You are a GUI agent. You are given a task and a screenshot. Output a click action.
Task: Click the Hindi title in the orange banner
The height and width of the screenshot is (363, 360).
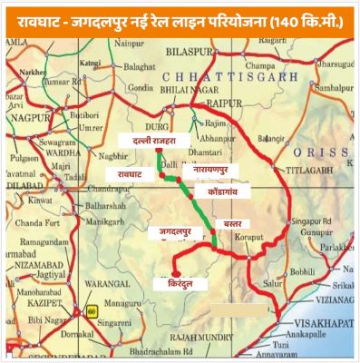(180, 15)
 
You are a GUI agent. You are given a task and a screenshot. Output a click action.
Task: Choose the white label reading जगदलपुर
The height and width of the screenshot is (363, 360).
(171, 234)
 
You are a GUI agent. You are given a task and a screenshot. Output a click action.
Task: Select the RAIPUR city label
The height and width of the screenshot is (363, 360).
(211, 105)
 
